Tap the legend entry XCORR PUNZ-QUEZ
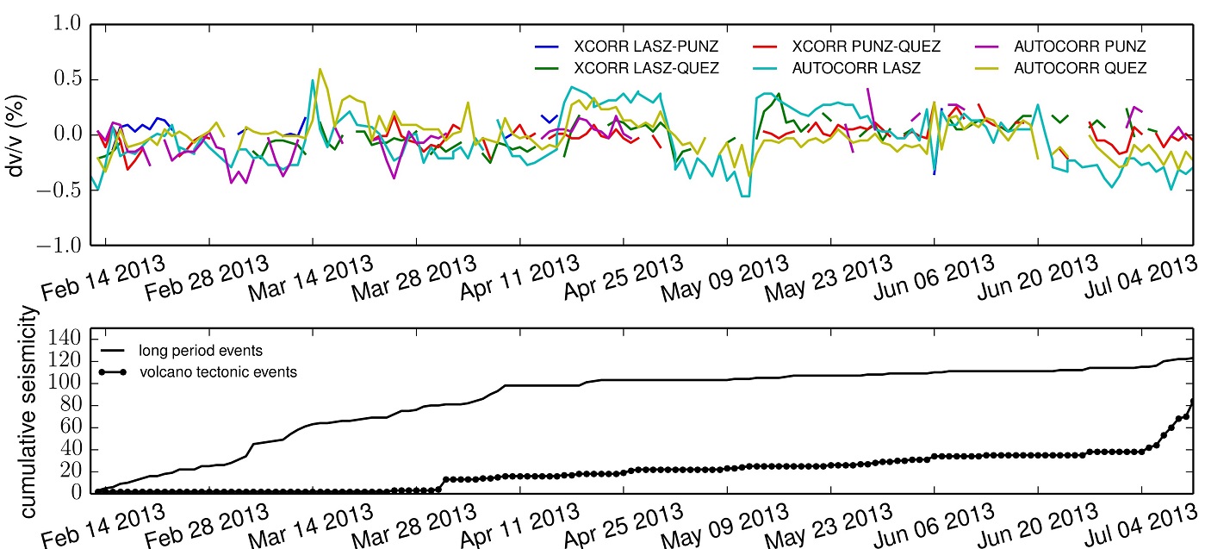click(x=866, y=45)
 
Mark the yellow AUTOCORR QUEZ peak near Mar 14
click(x=320, y=69)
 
